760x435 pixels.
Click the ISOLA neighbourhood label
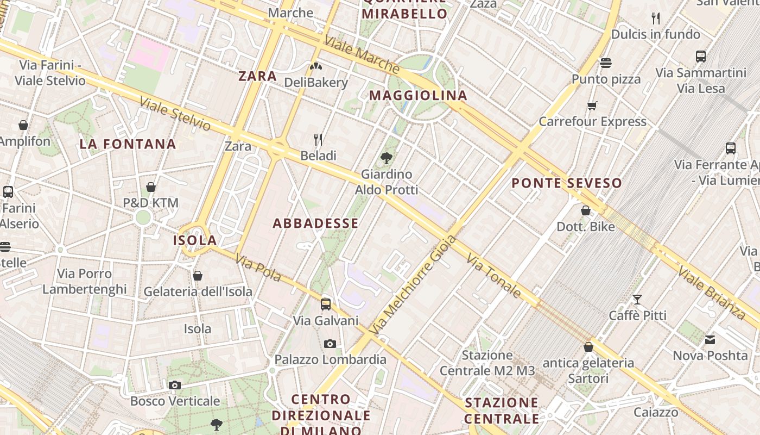[195, 240]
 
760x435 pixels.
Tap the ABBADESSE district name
[315, 223]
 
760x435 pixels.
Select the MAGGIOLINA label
[418, 96]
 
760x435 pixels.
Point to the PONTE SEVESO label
[567, 183]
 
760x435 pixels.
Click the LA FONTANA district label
[128, 144]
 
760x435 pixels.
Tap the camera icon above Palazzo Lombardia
[330, 344]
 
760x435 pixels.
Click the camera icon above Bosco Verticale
[174, 386]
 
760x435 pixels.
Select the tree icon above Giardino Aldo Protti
[387, 158]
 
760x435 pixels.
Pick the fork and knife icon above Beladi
[318, 140]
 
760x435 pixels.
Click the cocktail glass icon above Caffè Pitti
[637, 300]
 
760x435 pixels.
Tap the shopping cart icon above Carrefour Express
[592, 105]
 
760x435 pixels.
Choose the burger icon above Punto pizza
[606, 63]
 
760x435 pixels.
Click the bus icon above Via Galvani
[326, 304]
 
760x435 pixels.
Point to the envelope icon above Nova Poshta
[710, 340]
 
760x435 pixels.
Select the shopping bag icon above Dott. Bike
[586, 210]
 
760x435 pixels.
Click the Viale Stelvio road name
[175, 114]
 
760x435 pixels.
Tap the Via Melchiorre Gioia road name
[413, 285]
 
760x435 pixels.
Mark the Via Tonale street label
[493, 277]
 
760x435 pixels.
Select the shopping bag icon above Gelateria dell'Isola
[198, 276]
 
